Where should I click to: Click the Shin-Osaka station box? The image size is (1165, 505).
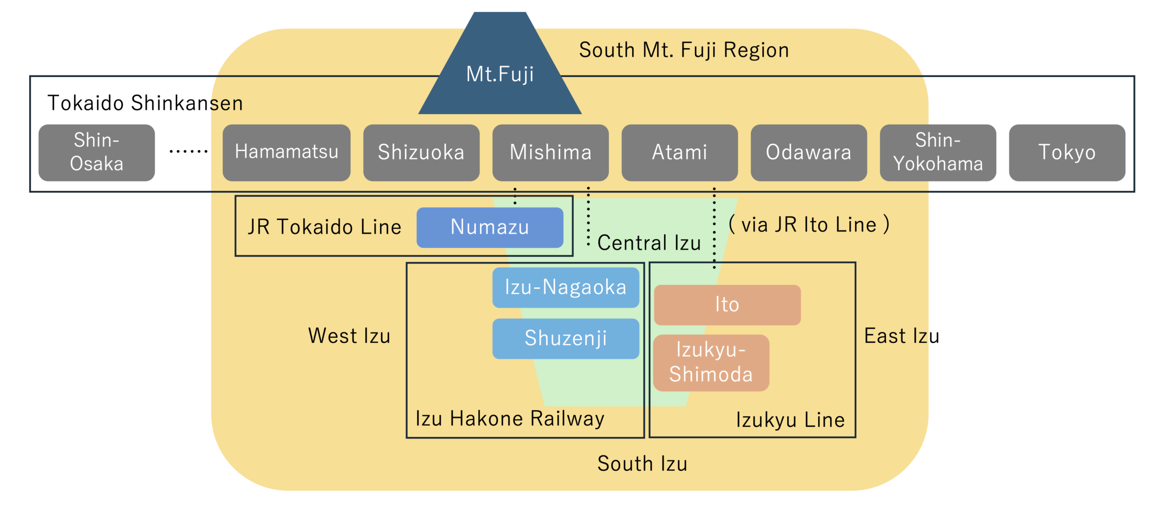click(x=96, y=152)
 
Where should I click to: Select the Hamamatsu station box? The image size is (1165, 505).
click(x=286, y=152)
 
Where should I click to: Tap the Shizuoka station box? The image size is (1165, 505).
click(x=421, y=152)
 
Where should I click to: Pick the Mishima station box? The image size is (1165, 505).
click(x=550, y=152)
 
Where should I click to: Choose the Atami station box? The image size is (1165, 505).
click(x=679, y=152)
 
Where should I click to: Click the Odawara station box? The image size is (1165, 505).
click(x=808, y=152)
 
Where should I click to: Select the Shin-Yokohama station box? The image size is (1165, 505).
click(x=937, y=152)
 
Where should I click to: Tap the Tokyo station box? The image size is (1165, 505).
click(x=1067, y=152)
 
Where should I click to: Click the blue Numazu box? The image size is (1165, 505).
click(x=490, y=227)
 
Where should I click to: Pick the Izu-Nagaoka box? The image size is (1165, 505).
click(x=565, y=288)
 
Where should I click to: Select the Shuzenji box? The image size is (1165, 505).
click(x=565, y=338)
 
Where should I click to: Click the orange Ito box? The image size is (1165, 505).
click(x=727, y=305)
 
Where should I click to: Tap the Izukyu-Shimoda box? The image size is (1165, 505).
click(x=711, y=363)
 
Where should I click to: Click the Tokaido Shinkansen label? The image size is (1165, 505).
click(x=145, y=103)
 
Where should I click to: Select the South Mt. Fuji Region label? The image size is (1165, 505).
click(x=684, y=50)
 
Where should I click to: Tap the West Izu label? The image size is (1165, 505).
click(x=349, y=336)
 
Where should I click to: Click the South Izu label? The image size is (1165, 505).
click(x=642, y=464)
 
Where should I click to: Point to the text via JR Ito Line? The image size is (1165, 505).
click(x=809, y=225)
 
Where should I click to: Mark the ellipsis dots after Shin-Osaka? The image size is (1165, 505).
click(x=188, y=151)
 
